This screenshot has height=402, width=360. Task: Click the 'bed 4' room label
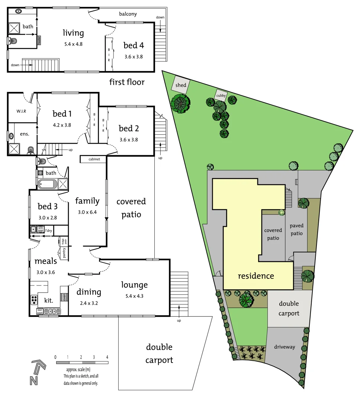(134, 45)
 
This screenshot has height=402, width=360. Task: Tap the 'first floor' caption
(127, 82)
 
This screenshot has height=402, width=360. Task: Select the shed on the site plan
(181, 86)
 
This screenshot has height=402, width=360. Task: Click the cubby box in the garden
(221, 95)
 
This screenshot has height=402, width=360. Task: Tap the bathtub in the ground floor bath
(47, 184)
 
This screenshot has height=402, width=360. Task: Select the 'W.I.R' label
(21, 111)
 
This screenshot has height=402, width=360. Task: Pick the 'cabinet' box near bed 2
(93, 159)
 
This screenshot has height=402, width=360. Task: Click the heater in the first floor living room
(39, 40)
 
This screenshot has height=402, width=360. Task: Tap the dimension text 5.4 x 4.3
(135, 297)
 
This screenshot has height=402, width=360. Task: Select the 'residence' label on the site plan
(256, 276)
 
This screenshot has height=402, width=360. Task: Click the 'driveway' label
(285, 347)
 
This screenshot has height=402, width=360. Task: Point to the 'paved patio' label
(297, 230)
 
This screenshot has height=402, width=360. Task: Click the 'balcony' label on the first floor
(128, 14)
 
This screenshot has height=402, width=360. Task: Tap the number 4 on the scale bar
(107, 357)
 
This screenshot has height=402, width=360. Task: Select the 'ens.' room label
(25, 134)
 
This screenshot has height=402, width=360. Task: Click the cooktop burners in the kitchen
(34, 300)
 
